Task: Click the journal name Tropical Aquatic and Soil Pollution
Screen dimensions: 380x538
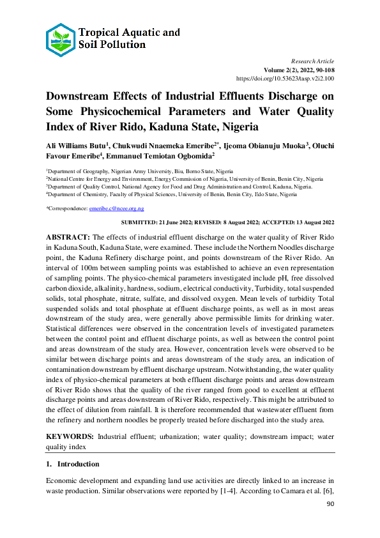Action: (129, 38)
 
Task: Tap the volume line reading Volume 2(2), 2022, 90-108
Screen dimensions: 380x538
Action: (299, 68)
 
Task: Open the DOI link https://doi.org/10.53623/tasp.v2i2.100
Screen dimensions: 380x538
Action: (285, 78)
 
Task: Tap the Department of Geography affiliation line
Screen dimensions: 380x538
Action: (139, 172)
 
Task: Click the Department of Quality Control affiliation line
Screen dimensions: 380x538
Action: (179, 187)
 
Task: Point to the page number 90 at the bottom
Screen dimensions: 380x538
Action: (330, 505)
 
